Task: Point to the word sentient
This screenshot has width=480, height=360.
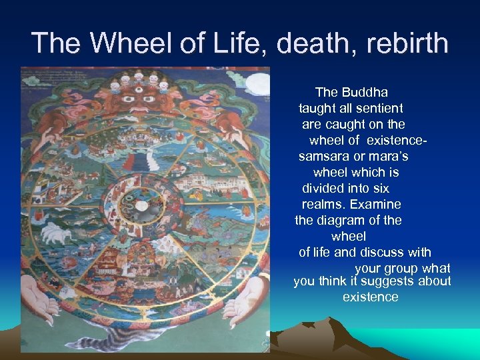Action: (379, 108)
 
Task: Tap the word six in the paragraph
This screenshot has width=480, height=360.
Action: (380, 189)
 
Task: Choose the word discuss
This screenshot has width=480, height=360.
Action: (383, 253)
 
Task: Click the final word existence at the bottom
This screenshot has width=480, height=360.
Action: (370, 297)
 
